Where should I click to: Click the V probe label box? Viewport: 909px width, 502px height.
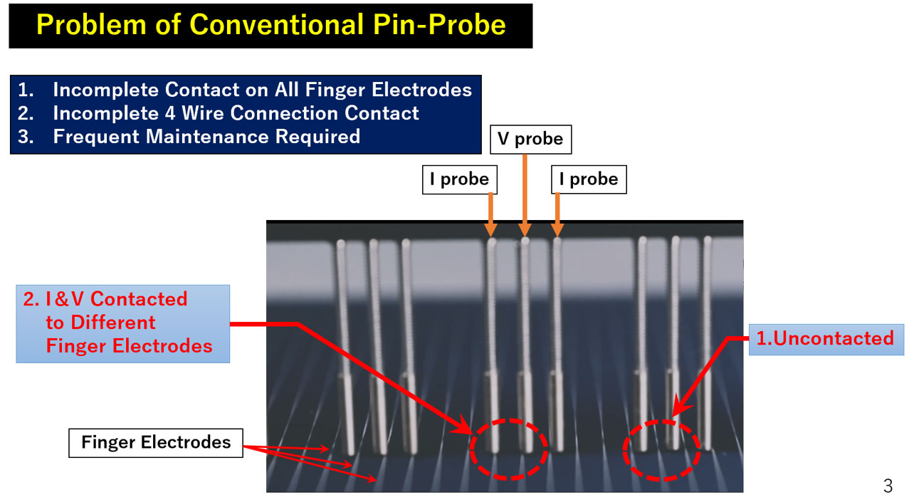(531, 139)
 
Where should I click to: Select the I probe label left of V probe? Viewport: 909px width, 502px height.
(460, 179)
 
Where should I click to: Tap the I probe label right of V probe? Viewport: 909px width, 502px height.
(589, 179)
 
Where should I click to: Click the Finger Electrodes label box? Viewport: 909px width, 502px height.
(156, 443)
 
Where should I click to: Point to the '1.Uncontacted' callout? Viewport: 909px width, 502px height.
(826, 339)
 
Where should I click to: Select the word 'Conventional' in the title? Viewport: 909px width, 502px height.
(277, 25)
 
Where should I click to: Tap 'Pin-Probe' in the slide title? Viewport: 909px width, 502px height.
(439, 25)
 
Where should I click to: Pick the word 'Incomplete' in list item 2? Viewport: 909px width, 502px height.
(105, 113)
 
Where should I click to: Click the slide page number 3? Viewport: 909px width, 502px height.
(888, 486)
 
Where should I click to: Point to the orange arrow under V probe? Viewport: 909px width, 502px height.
(525, 195)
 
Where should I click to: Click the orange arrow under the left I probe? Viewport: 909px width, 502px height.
(490, 214)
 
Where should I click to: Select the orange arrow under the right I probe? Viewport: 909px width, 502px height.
(557, 214)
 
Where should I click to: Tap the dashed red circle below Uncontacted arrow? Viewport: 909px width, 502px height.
(624, 451)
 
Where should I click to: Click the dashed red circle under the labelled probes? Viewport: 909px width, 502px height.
(471, 449)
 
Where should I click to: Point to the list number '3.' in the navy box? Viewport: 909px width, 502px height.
(26, 136)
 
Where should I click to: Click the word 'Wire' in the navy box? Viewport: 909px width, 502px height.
(202, 113)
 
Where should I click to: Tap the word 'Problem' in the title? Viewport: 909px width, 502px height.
(91, 25)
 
